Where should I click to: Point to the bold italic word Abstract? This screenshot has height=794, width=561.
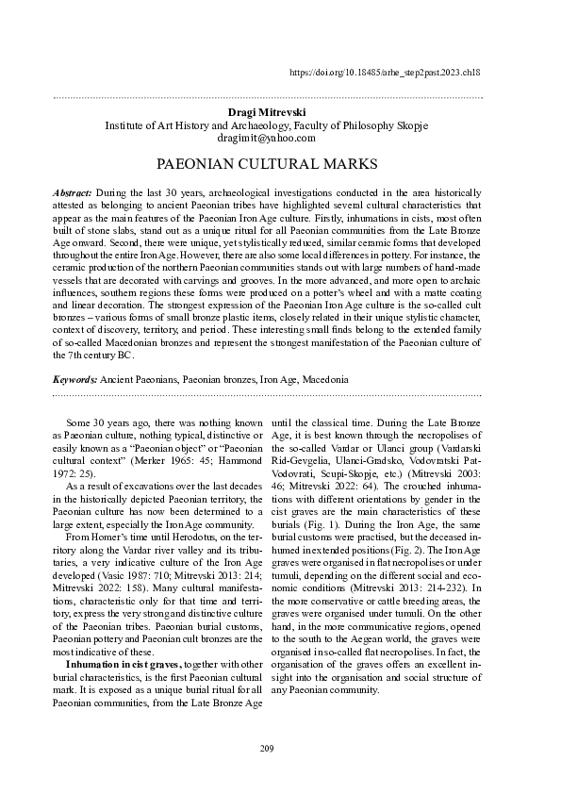coord(72,191)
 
